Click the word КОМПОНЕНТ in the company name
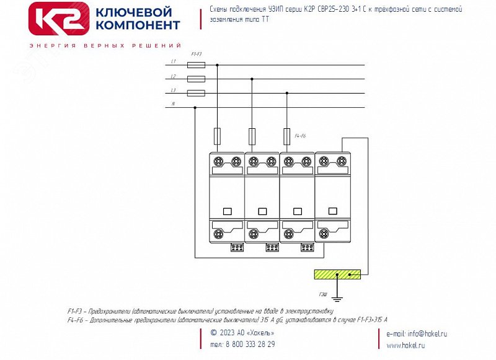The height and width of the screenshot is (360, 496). tap(138, 25)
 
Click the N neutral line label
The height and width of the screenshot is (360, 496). tap(173, 104)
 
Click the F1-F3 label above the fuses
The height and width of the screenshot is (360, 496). tap(196, 55)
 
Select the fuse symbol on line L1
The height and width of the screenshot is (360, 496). tap(196, 64)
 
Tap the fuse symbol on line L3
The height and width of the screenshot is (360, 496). tap(196, 94)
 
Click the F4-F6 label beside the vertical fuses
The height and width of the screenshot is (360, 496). tap(301, 135)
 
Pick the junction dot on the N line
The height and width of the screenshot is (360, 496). tap(195, 107)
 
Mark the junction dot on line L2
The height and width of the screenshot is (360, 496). tap(252, 79)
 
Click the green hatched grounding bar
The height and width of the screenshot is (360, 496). tap(337, 274)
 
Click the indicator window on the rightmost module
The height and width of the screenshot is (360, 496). tap(332, 211)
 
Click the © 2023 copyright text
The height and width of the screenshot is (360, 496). tap(242, 333)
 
